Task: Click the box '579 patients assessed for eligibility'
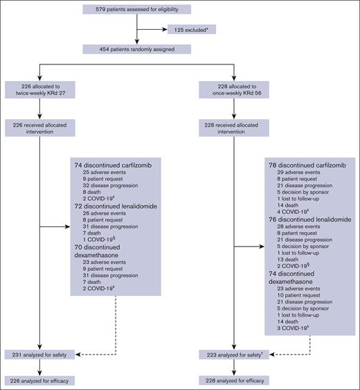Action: [137, 9]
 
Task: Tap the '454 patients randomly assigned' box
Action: [137, 48]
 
